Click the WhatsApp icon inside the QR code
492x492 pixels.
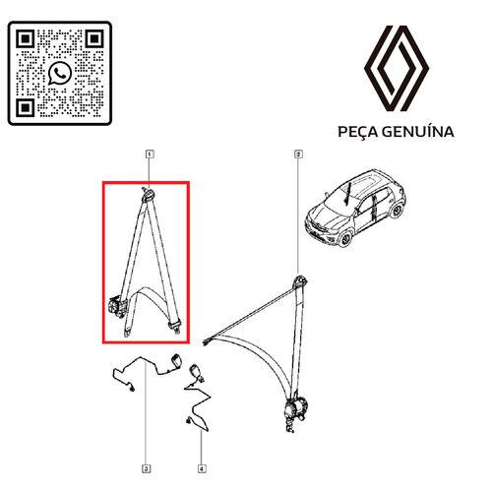(60, 74)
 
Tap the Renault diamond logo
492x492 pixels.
(397, 68)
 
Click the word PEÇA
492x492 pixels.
(358, 132)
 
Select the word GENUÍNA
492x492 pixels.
(418, 132)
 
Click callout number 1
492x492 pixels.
(150, 154)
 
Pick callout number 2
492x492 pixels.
(298, 154)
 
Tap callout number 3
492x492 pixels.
(147, 468)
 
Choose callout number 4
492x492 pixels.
(202, 468)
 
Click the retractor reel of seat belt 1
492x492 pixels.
(117, 306)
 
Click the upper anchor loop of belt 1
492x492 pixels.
(149, 195)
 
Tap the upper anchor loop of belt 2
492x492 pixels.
(299, 281)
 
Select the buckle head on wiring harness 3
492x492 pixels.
(175, 361)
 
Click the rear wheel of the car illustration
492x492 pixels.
(398, 211)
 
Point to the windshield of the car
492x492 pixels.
(341, 197)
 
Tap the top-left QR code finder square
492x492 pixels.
(26, 39)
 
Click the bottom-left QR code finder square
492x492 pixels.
(26, 107)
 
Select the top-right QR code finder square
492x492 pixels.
(94, 39)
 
